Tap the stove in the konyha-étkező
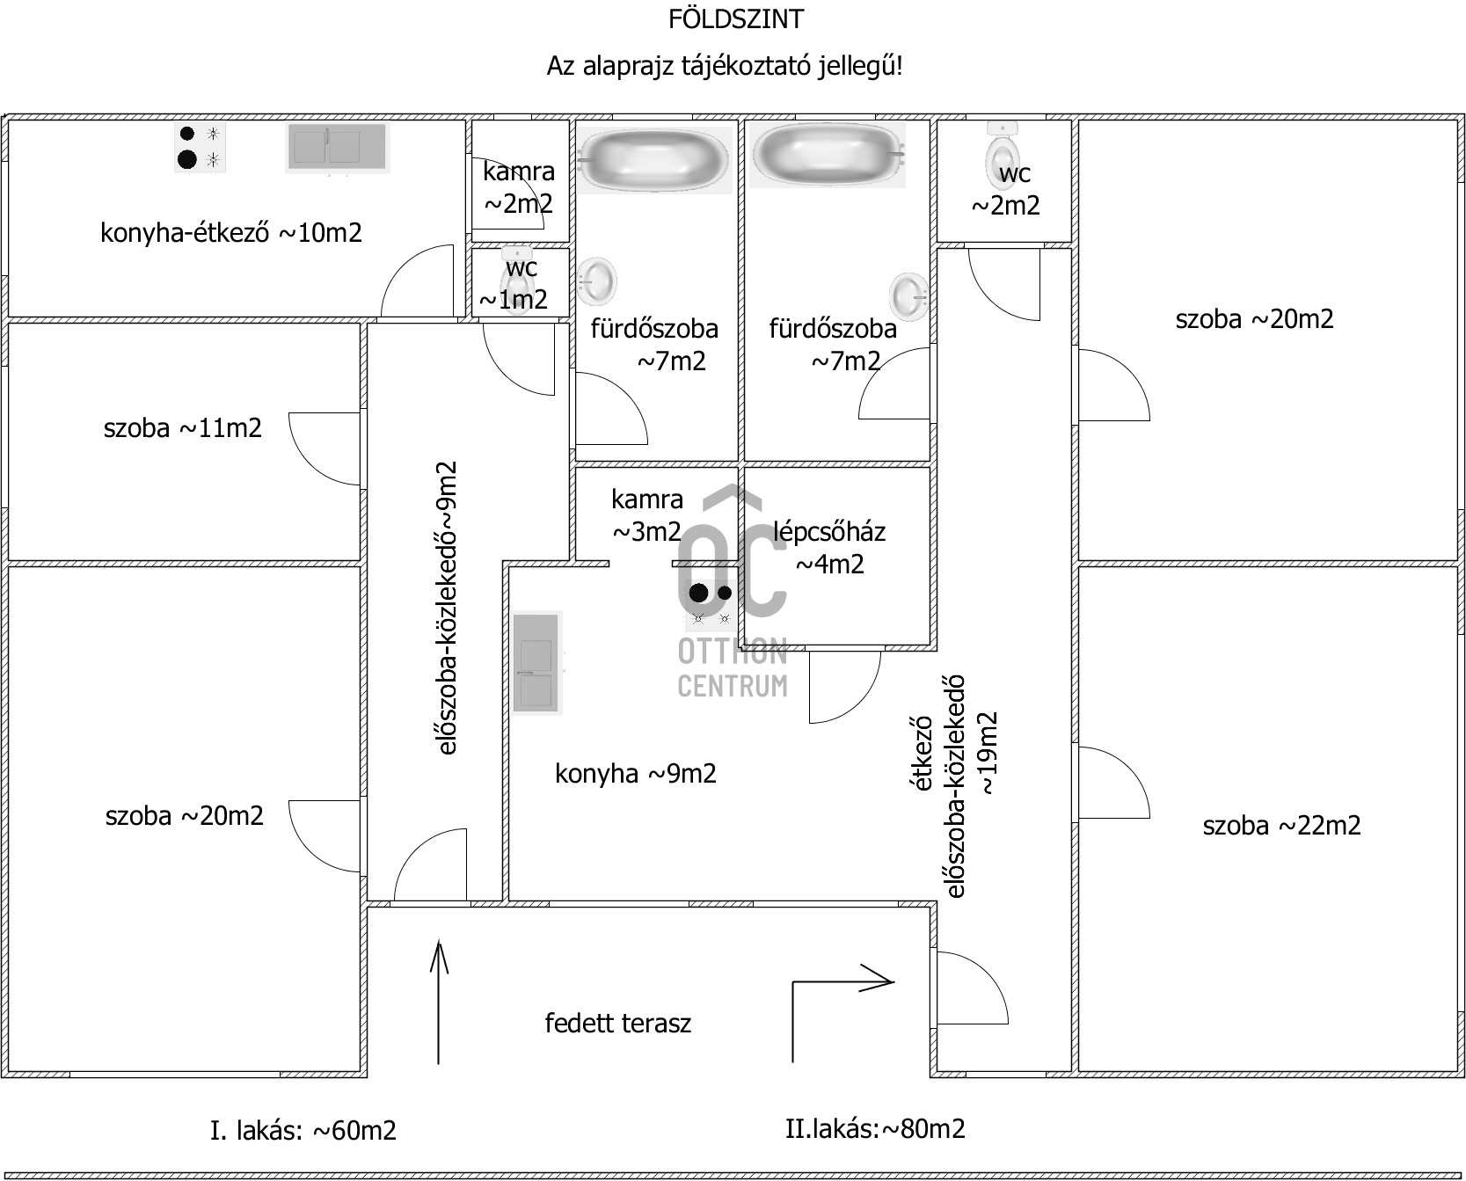tap(200, 147)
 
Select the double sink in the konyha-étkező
tap(336, 147)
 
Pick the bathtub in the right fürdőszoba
tap(828, 154)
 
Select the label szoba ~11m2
tap(183, 428)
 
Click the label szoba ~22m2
tap(1281, 826)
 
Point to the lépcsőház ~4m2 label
tap(829, 547)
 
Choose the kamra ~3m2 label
tap(647, 515)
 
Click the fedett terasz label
tap(617, 1023)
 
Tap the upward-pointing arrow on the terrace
tap(439, 1002)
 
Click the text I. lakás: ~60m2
tap(303, 1130)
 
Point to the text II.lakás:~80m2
tap(875, 1128)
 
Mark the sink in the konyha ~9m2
tap(537, 663)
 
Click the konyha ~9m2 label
tap(636, 774)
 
